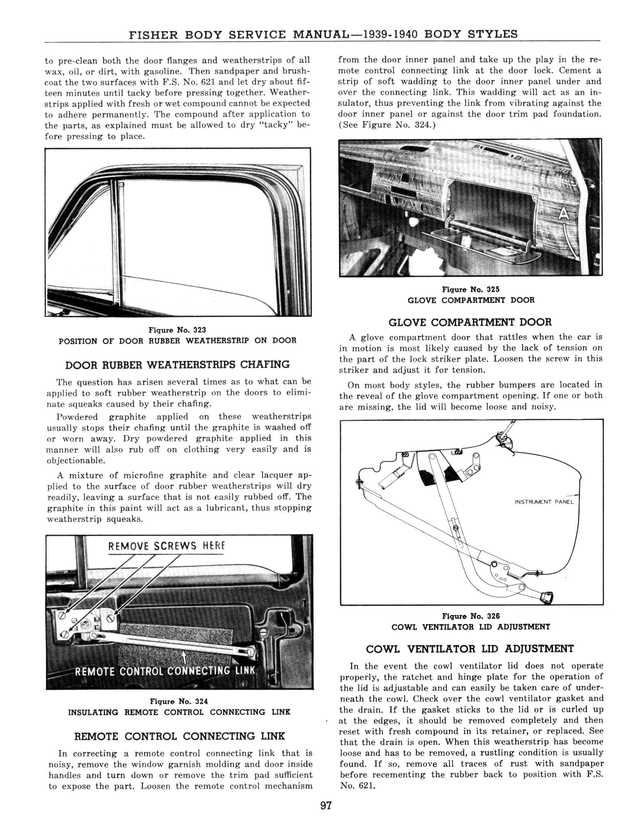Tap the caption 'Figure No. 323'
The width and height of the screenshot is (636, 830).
[x=177, y=330]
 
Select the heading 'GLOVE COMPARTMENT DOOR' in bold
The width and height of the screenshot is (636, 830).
[x=470, y=322]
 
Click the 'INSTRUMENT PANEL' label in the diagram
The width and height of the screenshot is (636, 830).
[x=544, y=502]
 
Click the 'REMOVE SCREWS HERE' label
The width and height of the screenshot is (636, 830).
[x=166, y=546]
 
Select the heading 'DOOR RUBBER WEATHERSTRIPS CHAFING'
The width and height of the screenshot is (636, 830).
[x=177, y=365]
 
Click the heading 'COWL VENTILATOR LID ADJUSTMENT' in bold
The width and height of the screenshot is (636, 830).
[x=470, y=649]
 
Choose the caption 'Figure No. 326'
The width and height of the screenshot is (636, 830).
[x=471, y=616]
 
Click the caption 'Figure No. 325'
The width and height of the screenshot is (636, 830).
[x=471, y=289]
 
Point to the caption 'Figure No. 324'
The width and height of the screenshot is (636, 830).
[x=179, y=701]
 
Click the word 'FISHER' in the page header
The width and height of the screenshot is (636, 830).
[x=153, y=35]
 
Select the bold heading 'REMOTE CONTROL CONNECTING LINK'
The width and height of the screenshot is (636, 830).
[x=179, y=736]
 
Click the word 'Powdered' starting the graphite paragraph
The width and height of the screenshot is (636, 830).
[x=77, y=417]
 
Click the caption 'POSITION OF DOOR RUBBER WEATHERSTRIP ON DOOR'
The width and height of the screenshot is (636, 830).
[x=177, y=341]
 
